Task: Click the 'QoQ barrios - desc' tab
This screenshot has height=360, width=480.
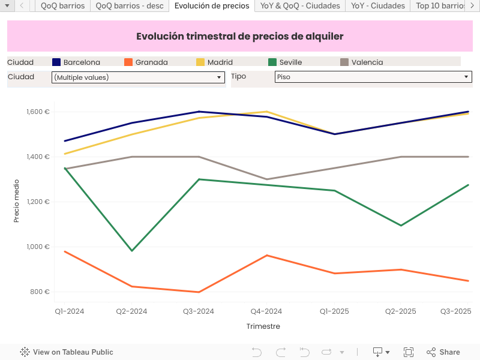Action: [130, 6]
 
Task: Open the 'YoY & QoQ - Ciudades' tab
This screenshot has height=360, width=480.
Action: [300, 6]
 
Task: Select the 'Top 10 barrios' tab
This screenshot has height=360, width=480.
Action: [441, 6]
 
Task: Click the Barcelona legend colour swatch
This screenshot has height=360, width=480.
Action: [57, 62]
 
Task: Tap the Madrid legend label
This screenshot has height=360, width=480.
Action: [220, 62]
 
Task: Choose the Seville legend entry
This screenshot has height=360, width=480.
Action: [290, 62]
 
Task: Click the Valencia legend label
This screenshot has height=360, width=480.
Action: [367, 62]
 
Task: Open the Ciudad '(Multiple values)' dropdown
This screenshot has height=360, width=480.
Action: [138, 77]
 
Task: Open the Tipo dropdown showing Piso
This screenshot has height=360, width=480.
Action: [373, 77]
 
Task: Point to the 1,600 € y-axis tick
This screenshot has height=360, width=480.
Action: [38, 112]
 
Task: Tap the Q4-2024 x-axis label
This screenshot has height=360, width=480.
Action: [266, 311]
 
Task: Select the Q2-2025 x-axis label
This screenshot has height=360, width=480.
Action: [400, 311]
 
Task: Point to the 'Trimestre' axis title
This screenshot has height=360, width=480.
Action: [263, 326]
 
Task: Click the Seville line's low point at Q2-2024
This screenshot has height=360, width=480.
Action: [132, 250]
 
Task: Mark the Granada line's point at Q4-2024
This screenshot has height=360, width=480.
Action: [266, 256]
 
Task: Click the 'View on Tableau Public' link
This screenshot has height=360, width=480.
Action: [67, 352]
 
